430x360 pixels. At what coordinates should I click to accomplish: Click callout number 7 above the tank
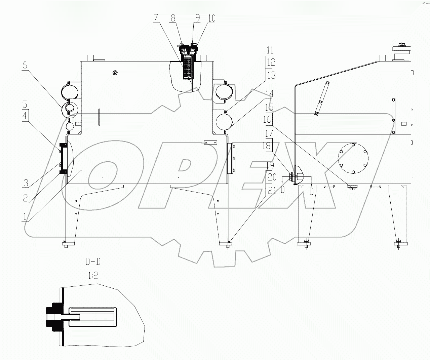point(156,18)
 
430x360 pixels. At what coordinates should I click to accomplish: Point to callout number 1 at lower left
point(25,217)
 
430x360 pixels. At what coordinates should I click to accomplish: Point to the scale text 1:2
point(93,276)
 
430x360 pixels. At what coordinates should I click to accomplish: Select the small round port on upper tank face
point(115,73)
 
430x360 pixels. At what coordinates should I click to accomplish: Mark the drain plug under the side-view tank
point(352,188)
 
